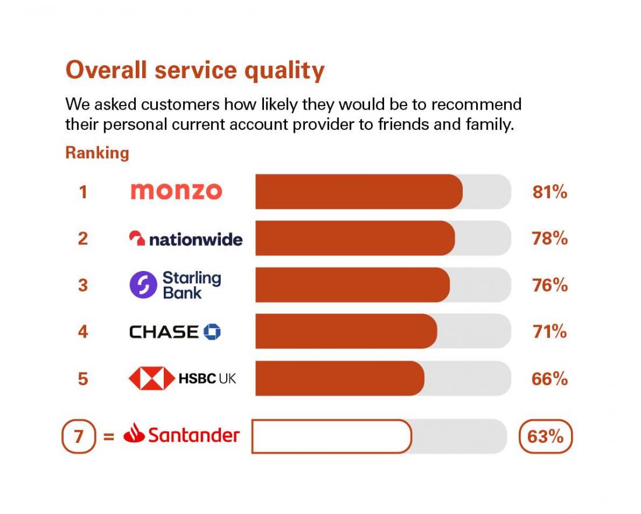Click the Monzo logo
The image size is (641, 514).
pos(176,191)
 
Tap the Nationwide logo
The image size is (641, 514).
pos(185,238)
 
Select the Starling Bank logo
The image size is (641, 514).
pos(175,285)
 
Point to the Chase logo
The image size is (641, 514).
pos(175,332)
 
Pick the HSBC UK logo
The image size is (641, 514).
pos(182,379)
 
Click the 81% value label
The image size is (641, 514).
pos(550,192)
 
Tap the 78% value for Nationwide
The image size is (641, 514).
pos(550,238)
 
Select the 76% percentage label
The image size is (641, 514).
pos(550,285)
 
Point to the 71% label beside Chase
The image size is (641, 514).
pos(550,332)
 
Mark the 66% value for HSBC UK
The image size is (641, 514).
pos(550,379)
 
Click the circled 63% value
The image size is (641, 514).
pos(545,436)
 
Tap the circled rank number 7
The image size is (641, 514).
pos(78,436)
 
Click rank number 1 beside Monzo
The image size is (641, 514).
pos(83,192)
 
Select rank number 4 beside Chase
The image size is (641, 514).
pos(83,332)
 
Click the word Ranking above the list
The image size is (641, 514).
pos(97,153)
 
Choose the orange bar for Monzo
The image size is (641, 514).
pos(358,192)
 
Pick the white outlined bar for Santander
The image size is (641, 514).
pos(331,436)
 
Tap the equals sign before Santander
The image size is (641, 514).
pos(108,436)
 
